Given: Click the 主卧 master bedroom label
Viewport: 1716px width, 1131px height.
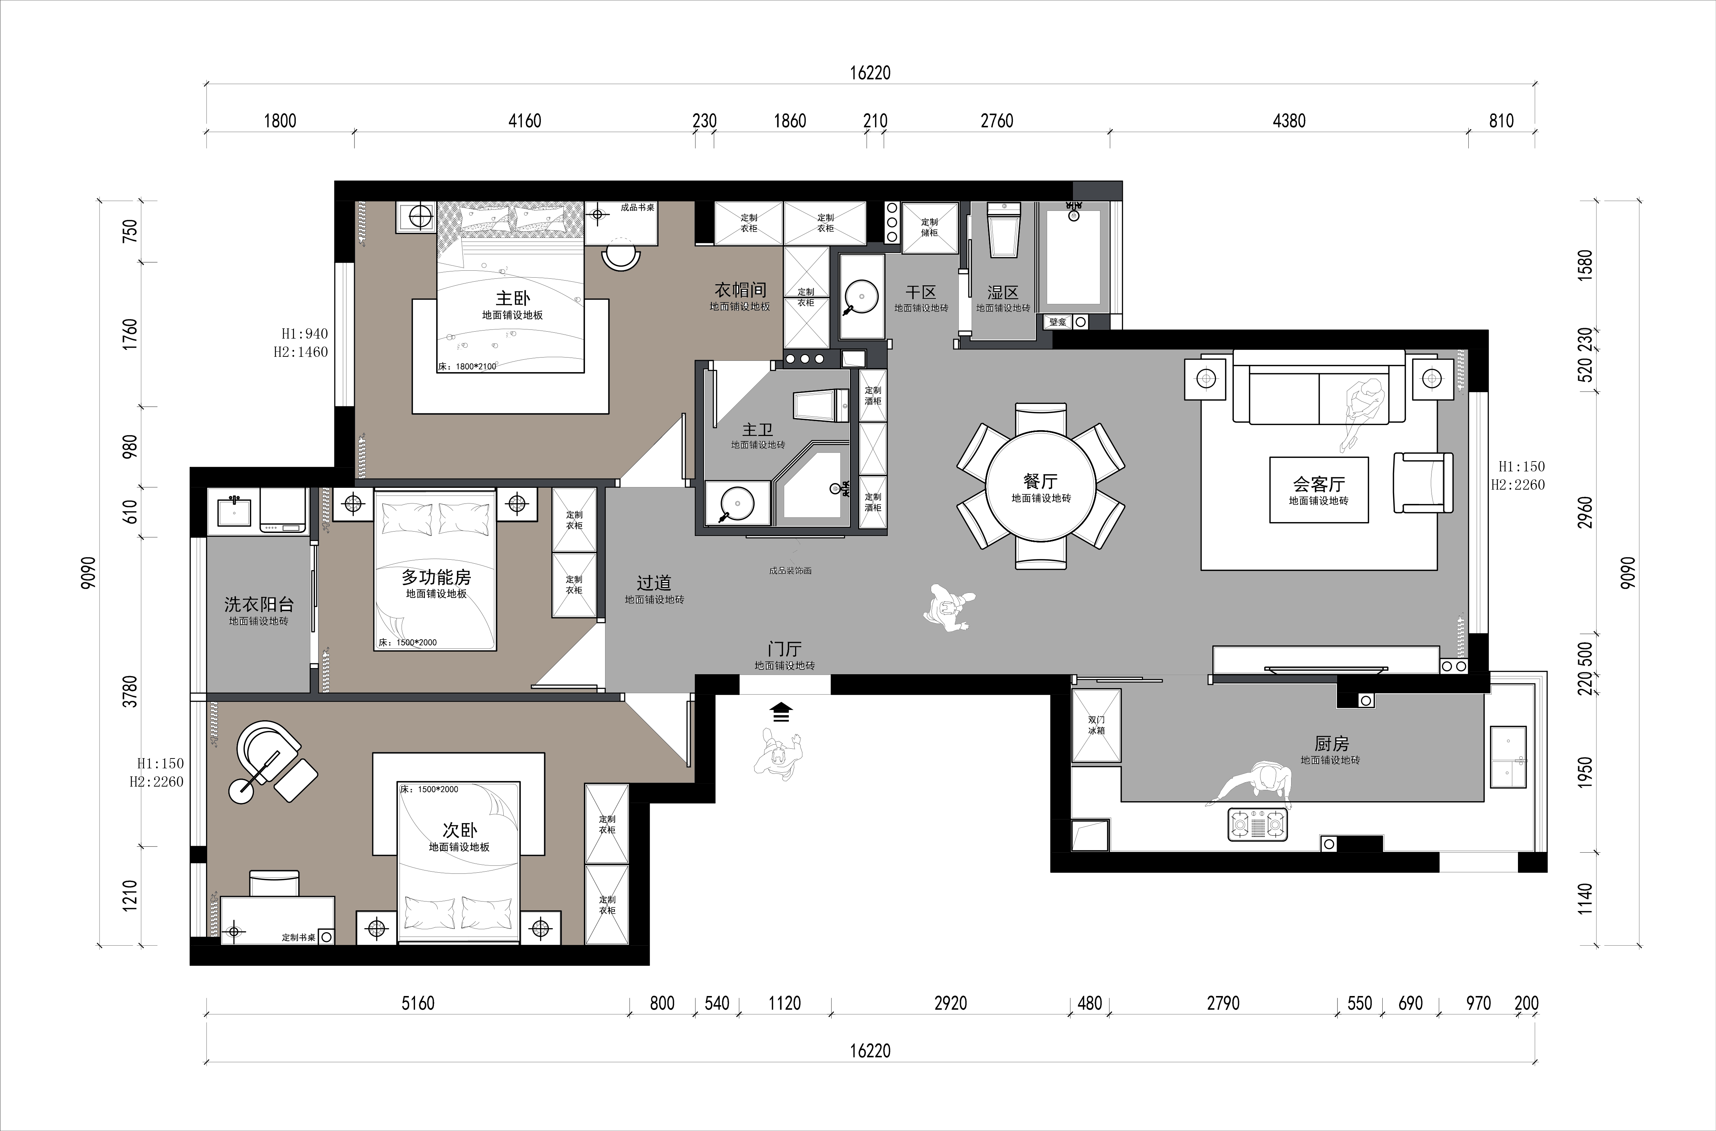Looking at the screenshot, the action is [x=513, y=298].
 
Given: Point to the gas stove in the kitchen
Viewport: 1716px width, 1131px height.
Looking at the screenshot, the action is [x=1258, y=824].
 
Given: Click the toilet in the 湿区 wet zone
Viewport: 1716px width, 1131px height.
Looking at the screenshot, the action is [x=1004, y=229].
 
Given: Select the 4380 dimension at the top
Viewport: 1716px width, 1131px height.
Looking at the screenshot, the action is [x=1289, y=120].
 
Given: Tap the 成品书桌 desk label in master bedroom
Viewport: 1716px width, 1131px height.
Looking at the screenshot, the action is [x=638, y=208].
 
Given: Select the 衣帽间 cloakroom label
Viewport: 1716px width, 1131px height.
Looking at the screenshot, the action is [x=740, y=290].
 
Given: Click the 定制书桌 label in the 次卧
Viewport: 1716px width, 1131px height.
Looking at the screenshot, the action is [x=298, y=938].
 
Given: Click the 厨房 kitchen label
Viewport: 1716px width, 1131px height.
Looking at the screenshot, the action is [x=1331, y=743].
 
